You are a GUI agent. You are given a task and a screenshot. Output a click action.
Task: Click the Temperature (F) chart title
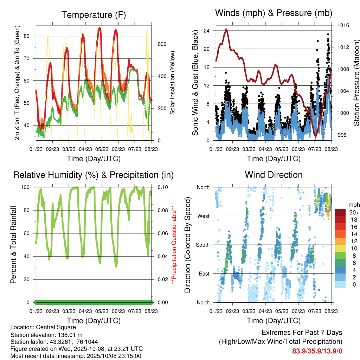(x=93, y=15)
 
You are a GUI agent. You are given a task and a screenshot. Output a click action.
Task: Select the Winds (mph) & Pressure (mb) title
(x=274, y=13)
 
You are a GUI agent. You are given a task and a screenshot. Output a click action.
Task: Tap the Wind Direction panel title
(x=274, y=175)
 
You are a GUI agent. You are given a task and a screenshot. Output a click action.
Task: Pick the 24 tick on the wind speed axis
(x=207, y=31)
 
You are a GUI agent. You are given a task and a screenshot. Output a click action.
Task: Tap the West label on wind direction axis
(x=203, y=216)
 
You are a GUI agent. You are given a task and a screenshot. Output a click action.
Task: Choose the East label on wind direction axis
(x=204, y=274)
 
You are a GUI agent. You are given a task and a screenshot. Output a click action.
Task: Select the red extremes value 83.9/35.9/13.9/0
(x=317, y=351)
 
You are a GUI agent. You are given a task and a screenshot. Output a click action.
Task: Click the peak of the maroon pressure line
(x=226, y=29)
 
